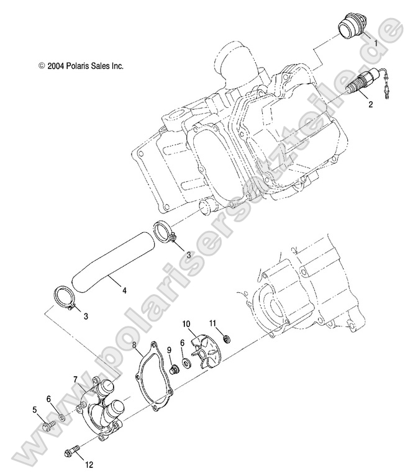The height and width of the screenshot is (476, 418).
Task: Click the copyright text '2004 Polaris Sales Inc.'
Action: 81,65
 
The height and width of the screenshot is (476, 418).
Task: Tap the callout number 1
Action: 375,43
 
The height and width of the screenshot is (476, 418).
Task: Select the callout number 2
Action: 370,104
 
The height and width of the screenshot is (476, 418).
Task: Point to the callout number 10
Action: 185,324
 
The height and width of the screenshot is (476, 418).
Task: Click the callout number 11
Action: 213,323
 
